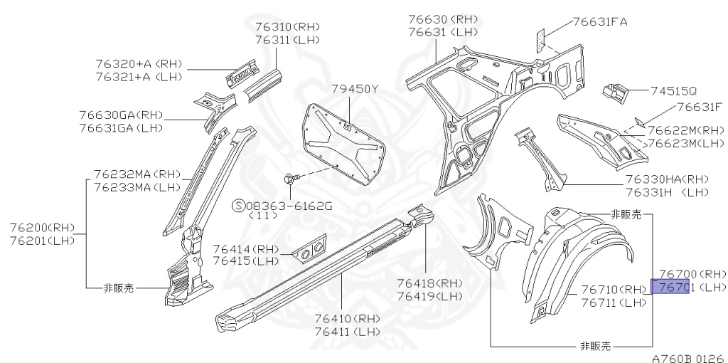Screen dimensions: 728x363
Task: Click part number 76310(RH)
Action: point(287,27)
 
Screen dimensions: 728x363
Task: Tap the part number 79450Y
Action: point(355,89)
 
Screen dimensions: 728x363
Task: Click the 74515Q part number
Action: point(673,91)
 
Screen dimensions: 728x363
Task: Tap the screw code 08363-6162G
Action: point(289,206)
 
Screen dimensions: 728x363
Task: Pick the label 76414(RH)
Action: point(246,249)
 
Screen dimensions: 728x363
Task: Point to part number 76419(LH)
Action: point(429,296)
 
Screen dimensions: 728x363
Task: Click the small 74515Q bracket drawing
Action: point(615,90)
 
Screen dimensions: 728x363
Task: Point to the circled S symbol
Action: point(240,206)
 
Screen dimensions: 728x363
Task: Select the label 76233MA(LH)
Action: point(137,188)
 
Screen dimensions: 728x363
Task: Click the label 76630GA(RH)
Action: point(121,115)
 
